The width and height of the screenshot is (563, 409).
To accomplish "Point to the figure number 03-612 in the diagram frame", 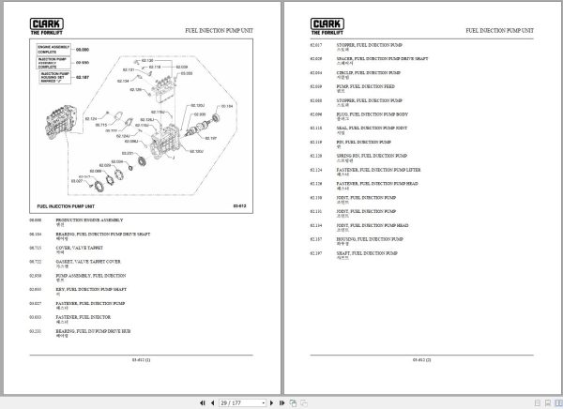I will (x=238, y=204).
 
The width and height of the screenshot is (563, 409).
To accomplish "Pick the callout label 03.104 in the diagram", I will (x=224, y=106).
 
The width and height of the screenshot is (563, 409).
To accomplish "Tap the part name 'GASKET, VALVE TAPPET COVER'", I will (x=88, y=261).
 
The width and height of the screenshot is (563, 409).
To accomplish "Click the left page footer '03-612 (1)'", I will (x=141, y=358).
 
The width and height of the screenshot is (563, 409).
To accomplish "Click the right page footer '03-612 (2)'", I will (x=421, y=358).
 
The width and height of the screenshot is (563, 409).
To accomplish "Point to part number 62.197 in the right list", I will (x=316, y=252).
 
